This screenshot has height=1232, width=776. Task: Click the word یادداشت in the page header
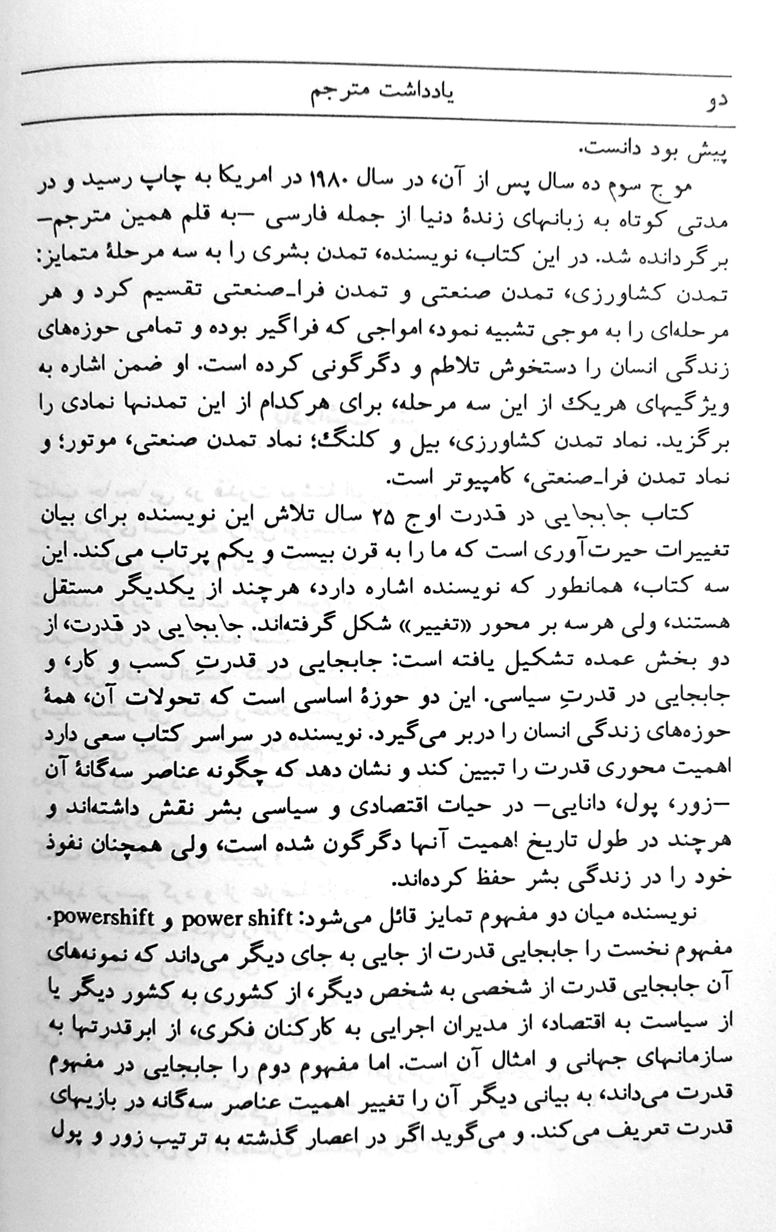pyautogui.click(x=413, y=96)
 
